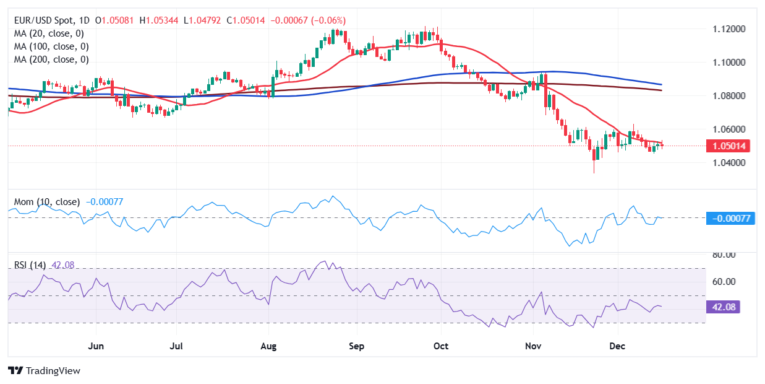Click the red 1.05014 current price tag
[x=730, y=146]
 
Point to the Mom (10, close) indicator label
[x=46, y=202]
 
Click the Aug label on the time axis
[x=268, y=345]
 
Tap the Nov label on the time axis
[x=532, y=345]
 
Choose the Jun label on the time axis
[x=96, y=345]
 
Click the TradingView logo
[x=44, y=370]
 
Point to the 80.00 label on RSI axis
[x=722, y=255]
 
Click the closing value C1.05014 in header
[x=246, y=20]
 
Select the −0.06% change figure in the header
[x=328, y=20]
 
